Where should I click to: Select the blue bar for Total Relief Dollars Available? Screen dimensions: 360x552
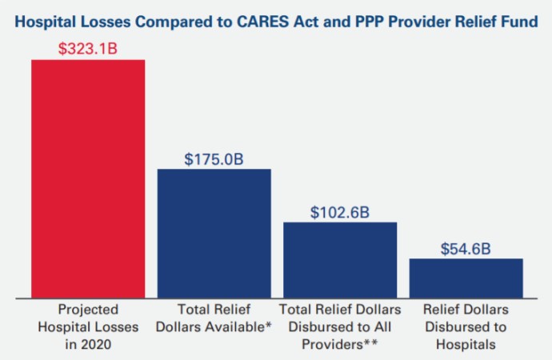[214, 233]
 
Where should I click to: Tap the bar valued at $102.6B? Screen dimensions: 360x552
[340, 259]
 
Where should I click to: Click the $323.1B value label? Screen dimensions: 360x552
[88, 48]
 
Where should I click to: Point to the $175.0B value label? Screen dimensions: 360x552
[214, 158]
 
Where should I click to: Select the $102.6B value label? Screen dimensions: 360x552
[340, 212]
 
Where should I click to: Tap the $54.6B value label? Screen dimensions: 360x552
[466, 249]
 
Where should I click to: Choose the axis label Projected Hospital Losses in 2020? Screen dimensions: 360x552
[88, 326]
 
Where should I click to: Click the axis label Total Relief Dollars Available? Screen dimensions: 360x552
[214, 318]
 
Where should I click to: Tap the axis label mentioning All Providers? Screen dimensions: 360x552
[340, 326]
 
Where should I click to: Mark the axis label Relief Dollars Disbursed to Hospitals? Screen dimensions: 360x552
[466, 326]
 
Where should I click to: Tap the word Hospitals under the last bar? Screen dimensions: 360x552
[466, 344]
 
